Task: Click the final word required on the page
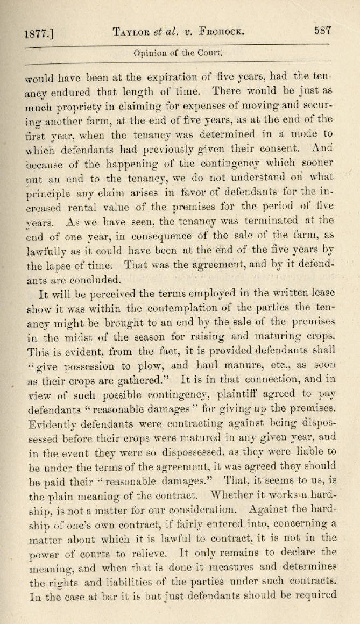click(310, 595)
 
